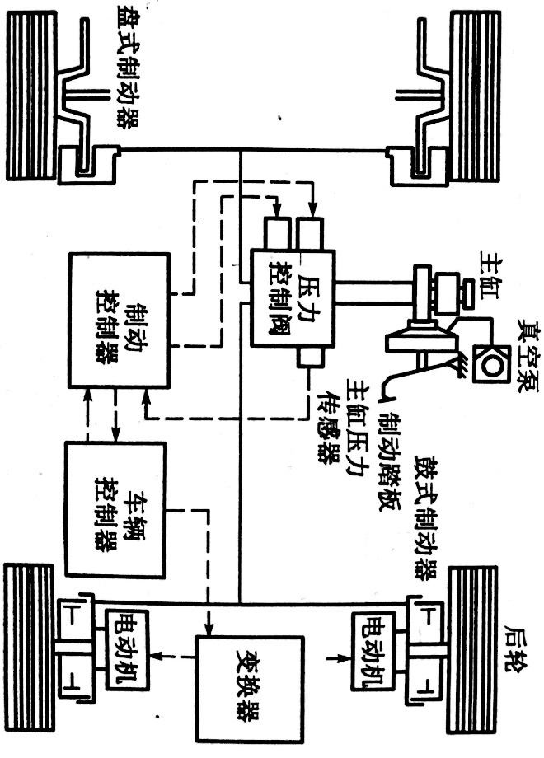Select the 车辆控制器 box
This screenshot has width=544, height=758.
pos(115,508)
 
